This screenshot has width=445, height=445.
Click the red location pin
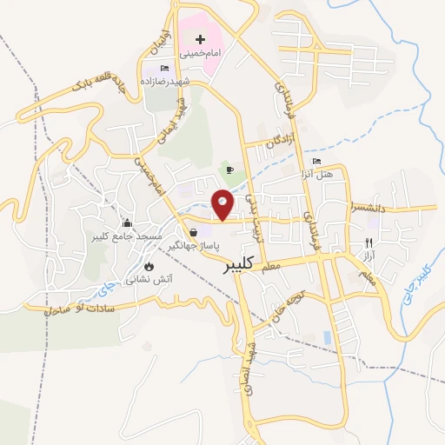click(x=223, y=204)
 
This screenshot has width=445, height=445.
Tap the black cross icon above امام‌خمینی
click(x=201, y=39)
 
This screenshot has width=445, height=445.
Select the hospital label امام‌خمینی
click(x=200, y=53)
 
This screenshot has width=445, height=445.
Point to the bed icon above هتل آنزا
click(x=316, y=161)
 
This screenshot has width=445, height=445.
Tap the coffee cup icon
click(x=229, y=169)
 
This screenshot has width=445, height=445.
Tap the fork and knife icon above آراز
click(x=369, y=242)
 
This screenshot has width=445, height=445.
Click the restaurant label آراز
click(x=369, y=257)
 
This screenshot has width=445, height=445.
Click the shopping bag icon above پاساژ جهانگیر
click(x=193, y=232)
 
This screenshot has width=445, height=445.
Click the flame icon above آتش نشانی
click(x=149, y=266)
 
